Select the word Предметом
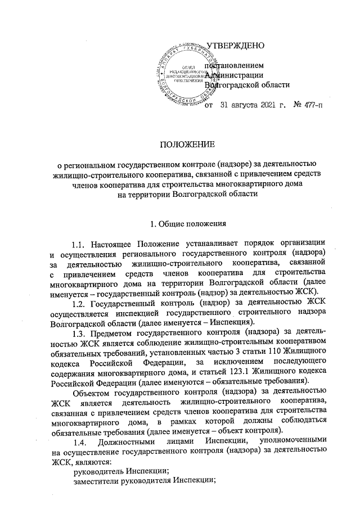117,332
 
